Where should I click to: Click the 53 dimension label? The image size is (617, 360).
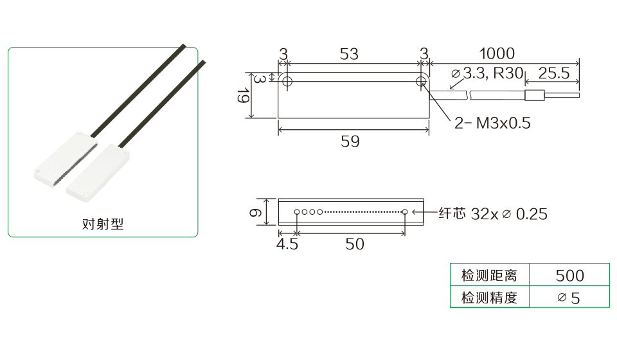pos(349,54)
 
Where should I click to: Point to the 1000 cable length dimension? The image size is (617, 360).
pos(497,53)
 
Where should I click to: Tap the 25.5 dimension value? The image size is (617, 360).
pos(553,73)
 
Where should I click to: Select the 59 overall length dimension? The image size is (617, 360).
pos(350,141)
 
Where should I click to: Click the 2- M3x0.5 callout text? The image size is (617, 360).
pos(492,123)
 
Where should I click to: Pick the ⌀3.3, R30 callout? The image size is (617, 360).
pos(487,73)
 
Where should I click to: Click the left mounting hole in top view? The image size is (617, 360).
pos(287,82)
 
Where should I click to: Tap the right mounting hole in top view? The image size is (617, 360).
pos(421,82)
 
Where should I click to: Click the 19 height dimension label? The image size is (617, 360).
pos(243,96)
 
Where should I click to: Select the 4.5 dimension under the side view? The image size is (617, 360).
pos(287,244)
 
